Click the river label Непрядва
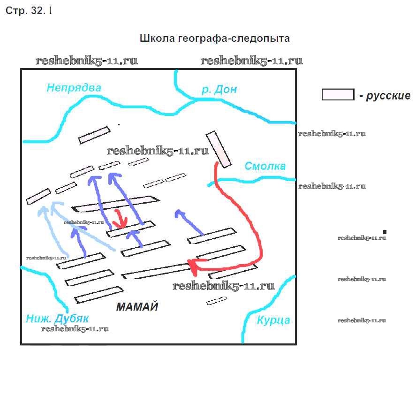(x=74, y=88)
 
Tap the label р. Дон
(x=219, y=90)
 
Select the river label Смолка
(x=265, y=167)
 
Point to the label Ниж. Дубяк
(x=58, y=319)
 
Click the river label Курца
(x=273, y=320)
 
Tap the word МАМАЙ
(x=137, y=308)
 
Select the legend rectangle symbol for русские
(x=338, y=94)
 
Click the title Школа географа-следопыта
(x=215, y=38)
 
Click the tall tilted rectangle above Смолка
(x=219, y=149)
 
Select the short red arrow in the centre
(x=121, y=219)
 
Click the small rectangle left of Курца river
(x=217, y=301)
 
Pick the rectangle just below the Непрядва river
(x=94, y=135)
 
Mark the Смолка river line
(x=253, y=179)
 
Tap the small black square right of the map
(x=385, y=232)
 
